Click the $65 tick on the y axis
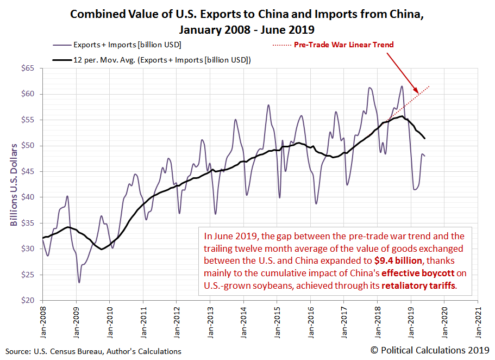(28, 68)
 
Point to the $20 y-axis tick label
(28, 300)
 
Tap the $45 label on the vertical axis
(28, 171)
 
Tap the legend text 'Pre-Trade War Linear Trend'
(343, 45)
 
